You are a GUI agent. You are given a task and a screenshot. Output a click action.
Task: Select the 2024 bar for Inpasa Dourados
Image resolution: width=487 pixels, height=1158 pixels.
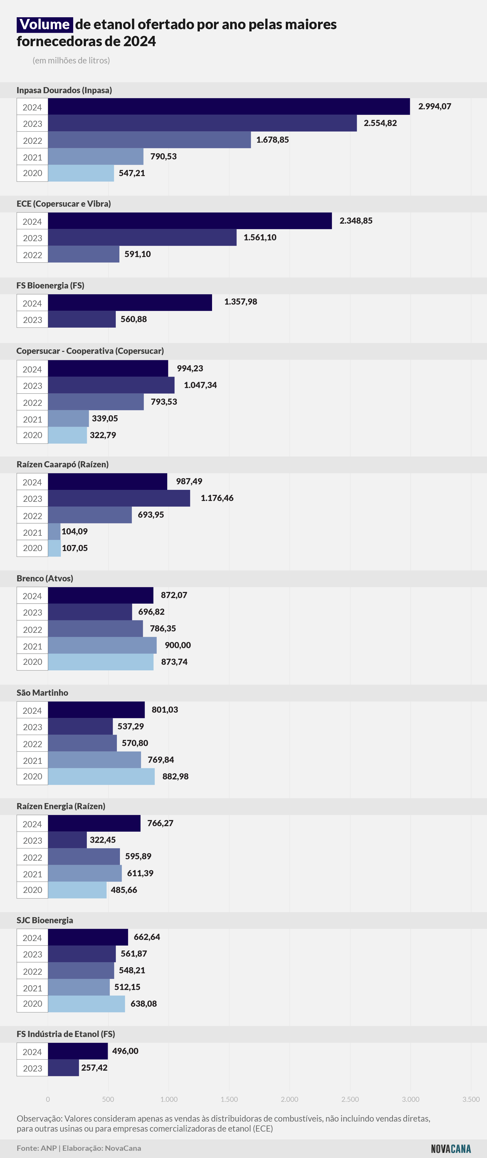click(229, 107)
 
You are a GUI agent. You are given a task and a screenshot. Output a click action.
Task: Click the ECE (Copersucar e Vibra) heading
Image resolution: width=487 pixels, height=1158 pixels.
click(64, 204)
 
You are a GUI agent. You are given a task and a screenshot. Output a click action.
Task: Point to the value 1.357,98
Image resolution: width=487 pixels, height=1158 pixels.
click(240, 302)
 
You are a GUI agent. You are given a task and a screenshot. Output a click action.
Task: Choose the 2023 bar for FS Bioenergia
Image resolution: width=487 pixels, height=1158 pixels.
click(82, 319)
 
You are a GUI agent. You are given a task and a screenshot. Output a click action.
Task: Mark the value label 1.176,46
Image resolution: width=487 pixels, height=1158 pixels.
click(217, 498)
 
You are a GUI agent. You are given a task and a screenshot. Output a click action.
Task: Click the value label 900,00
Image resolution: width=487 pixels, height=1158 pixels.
click(178, 645)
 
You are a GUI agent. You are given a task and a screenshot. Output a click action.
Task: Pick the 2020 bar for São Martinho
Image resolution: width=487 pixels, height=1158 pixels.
click(101, 776)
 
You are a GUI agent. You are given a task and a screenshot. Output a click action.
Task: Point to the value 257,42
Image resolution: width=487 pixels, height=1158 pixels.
click(94, 1068)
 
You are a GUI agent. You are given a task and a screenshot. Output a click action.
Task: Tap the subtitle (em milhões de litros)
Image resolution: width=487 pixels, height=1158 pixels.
click(71, 60)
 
